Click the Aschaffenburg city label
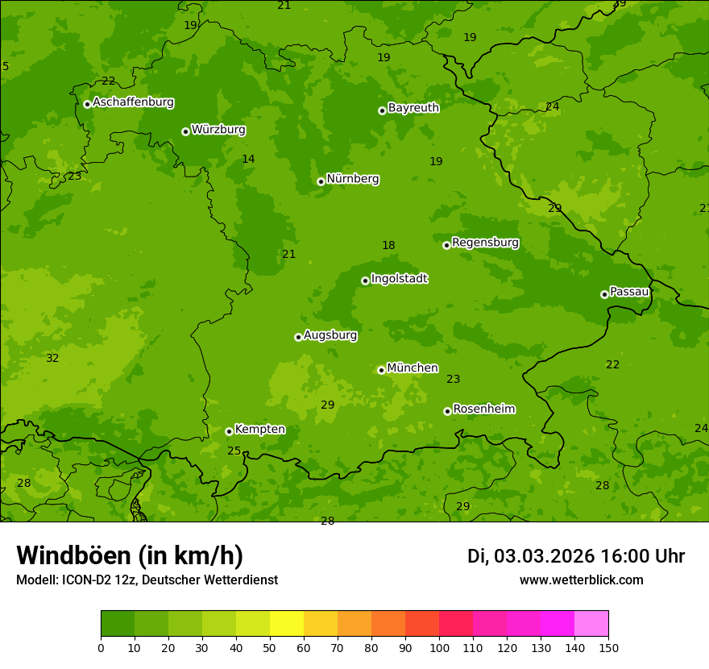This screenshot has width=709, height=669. click(133, 102)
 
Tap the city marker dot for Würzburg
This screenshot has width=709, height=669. click(185, 131)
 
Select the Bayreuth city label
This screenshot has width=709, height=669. click(413, 107)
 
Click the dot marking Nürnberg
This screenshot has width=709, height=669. click(321, 181)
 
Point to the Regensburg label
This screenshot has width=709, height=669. click(485, 243)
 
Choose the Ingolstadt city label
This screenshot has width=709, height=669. click(399, 278)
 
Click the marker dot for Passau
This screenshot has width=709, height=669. click(604, 294)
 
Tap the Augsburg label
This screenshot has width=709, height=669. click(330, 334)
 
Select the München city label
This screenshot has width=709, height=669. click(413, 368)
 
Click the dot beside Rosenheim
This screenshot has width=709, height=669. click(447, 411)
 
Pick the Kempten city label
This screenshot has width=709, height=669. click(259, 429)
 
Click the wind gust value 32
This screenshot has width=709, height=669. click(52, 358)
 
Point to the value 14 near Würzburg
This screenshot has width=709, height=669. click(248, 159)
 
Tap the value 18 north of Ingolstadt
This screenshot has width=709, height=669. click(388, 245)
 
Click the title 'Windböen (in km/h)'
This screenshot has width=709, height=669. click(130, 555)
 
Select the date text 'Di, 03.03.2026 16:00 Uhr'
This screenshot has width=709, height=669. click(576, 556)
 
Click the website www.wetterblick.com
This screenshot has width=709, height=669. click(581, 580)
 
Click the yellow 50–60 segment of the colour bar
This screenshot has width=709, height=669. click(287, 623)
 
